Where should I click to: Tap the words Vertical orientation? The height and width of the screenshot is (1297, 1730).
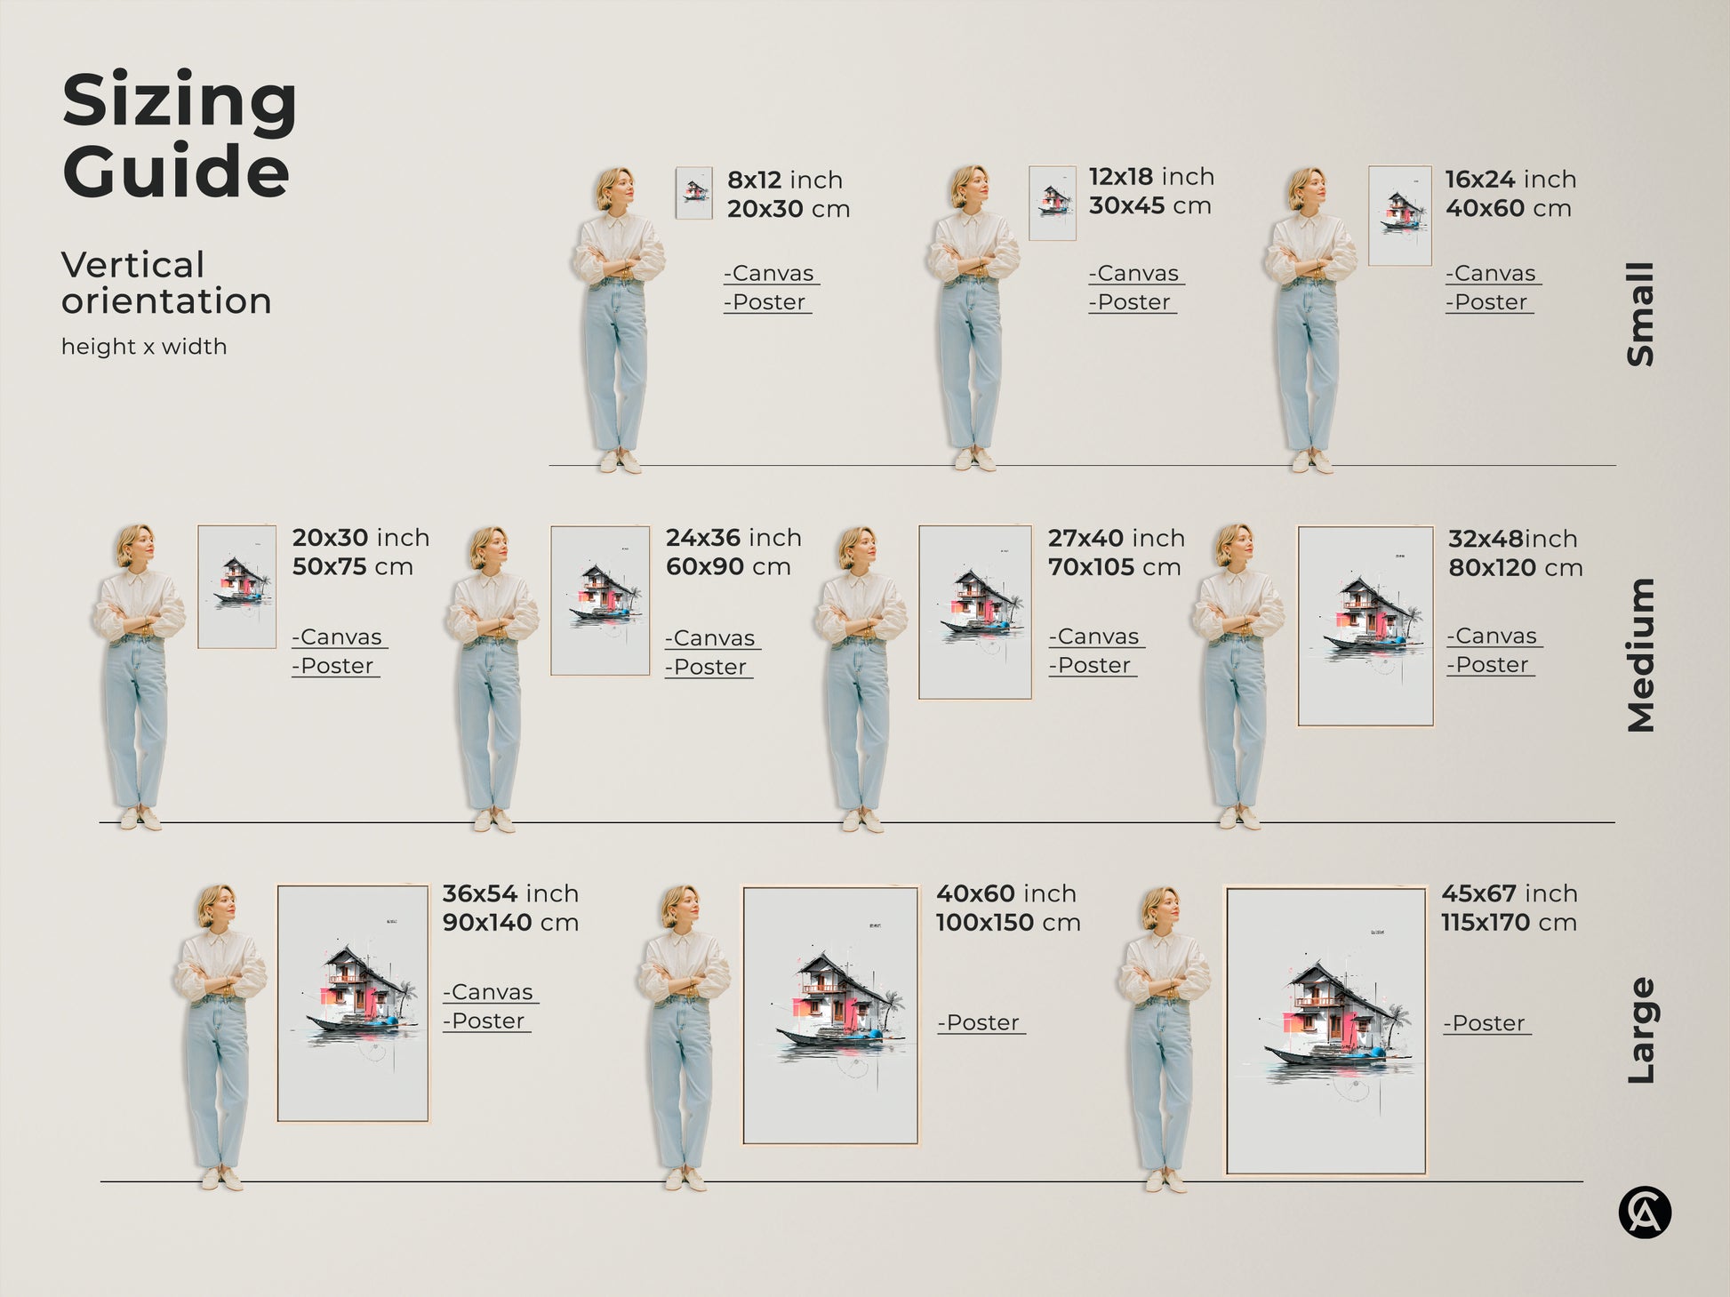(x=165, y=283)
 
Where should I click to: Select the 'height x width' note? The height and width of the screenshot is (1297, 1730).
(x=144, y=347)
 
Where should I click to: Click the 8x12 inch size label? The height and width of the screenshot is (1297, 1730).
(x=784, y=180)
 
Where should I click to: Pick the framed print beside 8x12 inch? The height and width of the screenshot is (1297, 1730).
(x=693, y=193)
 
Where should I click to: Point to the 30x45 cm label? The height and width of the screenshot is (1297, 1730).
(x=1149, y=206)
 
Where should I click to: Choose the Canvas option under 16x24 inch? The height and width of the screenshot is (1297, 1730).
(x=1493, y=274)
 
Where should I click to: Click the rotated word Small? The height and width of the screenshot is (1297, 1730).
(x=1641, y=314)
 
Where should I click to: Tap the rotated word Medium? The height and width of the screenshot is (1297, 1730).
(x=1641, y=655)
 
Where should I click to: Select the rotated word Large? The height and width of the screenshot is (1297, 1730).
(x=1641, y=1030)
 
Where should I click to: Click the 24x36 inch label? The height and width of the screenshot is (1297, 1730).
(x=733, y=538)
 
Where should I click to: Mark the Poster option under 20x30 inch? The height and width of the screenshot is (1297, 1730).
(x=335, y=666)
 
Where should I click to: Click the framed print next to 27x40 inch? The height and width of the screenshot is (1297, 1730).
(x=974, y=612)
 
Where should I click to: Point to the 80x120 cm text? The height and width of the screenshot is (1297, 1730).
(x=1515, y=568)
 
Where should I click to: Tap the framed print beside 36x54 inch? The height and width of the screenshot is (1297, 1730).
(x=353, y=1003)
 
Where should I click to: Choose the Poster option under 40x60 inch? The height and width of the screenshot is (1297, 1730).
(x=981, y=1023)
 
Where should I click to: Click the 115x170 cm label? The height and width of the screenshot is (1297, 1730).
(x=1509, y=923)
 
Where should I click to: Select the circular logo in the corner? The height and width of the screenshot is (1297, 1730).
(x=1645, y=1213)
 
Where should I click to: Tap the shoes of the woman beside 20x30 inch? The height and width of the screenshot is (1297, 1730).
(x=140, y=819)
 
